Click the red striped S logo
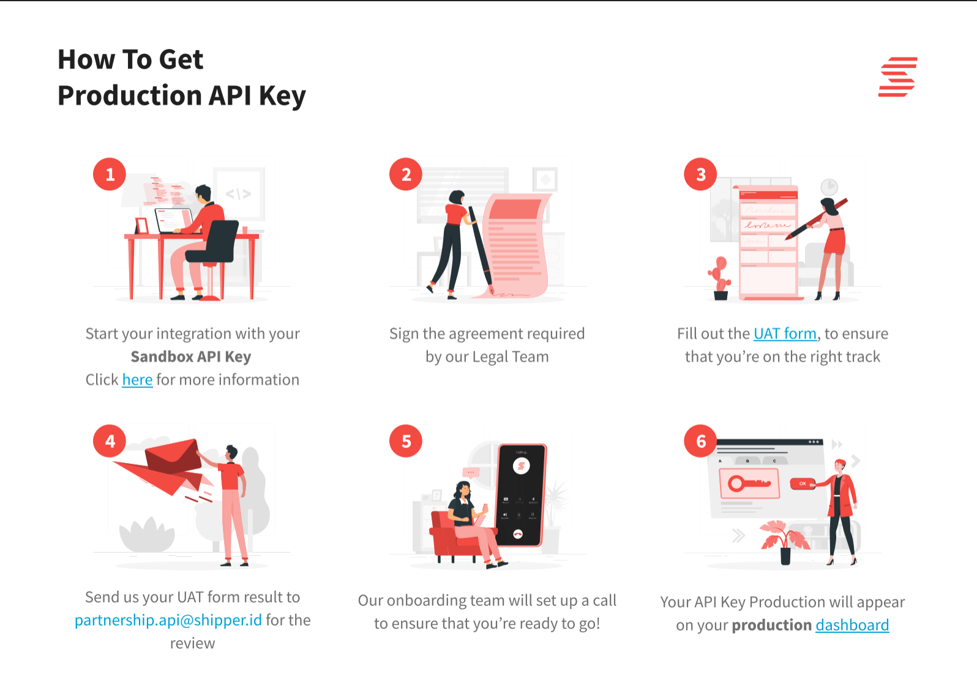pyautogui.click(x=897, y=77)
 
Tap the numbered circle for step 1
pyautogui.click(x=110, y=174)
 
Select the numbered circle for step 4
pyautogui.click(x=110, y=441)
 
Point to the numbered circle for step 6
pyautogui.click(x=700, y=441)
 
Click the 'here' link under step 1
pyautogui.click(x=137, y=380)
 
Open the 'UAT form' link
pyautogui.click(x=785, y=334)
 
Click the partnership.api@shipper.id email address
pyautogui.click(x=168, y=620)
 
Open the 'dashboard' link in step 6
pyautogui.click(x=852, y=625)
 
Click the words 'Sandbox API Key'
pyautogui.click(x=191, y=357)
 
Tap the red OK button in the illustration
pyautogui.click(x=803, y=484)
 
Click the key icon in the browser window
pyautogui.click(x=749, y=484)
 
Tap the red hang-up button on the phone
pyautogui.click(x=518, y=534)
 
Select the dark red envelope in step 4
pyautogui.click(x=173, y=457)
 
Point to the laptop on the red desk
pyautogui.click(x=174, y=220)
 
